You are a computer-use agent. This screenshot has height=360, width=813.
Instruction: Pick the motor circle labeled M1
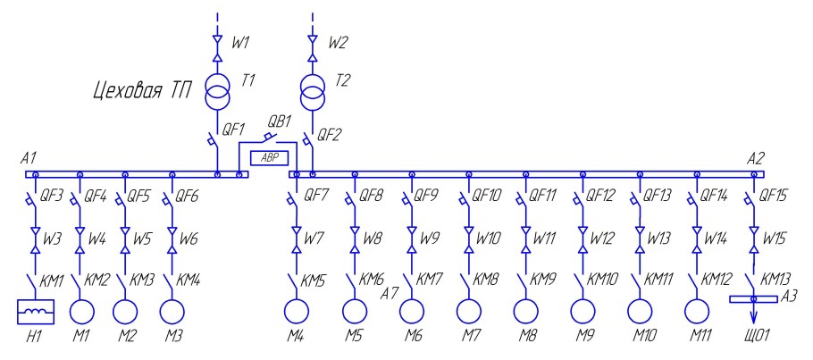point(81,311)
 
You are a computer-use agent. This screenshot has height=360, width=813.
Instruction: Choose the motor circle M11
point(697,311)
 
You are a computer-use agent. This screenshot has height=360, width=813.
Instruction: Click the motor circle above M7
point(468,311)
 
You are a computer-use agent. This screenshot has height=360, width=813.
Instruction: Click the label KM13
point(777,280)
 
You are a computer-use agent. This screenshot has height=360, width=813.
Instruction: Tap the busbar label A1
point(29,157)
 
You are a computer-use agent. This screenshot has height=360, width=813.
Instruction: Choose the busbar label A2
point(756,157)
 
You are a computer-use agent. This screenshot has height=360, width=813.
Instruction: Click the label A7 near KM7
point(390,293)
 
